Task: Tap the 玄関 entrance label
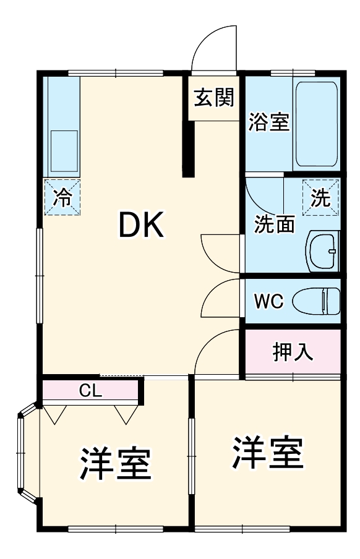pos(213,97)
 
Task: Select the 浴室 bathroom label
pos(268,122)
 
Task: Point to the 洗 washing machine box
pos(320,197)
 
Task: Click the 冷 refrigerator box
pos(62,197)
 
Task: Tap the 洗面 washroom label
pos(274,224)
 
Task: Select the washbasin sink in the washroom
pos(322,252)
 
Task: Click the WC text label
pos(269,302)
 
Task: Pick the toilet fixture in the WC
pos(316,302)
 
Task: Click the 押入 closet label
pos(293,352)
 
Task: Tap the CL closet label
pos(90,391)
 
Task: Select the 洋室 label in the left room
pos(115,464)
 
